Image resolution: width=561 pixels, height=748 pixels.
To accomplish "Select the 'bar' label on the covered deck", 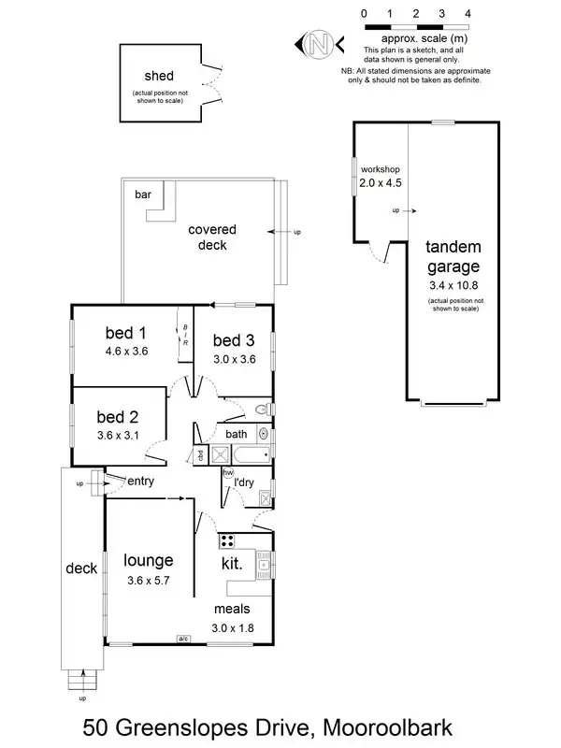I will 143,195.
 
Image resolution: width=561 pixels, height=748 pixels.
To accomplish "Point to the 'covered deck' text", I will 212,237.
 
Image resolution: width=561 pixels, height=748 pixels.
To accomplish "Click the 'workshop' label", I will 380,169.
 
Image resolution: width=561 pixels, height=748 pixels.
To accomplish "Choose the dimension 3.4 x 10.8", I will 453,284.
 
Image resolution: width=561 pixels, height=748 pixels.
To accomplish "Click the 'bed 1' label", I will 126,334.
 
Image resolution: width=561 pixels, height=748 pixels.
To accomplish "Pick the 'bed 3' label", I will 234,339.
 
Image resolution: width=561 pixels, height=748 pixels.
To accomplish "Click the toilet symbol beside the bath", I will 265,410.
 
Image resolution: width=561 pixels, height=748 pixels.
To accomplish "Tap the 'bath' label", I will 236,434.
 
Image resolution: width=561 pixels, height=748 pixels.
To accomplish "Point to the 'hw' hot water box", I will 227,473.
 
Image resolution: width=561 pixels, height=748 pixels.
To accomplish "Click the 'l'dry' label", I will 245,482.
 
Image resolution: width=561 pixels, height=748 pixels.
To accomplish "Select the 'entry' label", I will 139,482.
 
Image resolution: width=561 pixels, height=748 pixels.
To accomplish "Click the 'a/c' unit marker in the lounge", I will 180,640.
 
